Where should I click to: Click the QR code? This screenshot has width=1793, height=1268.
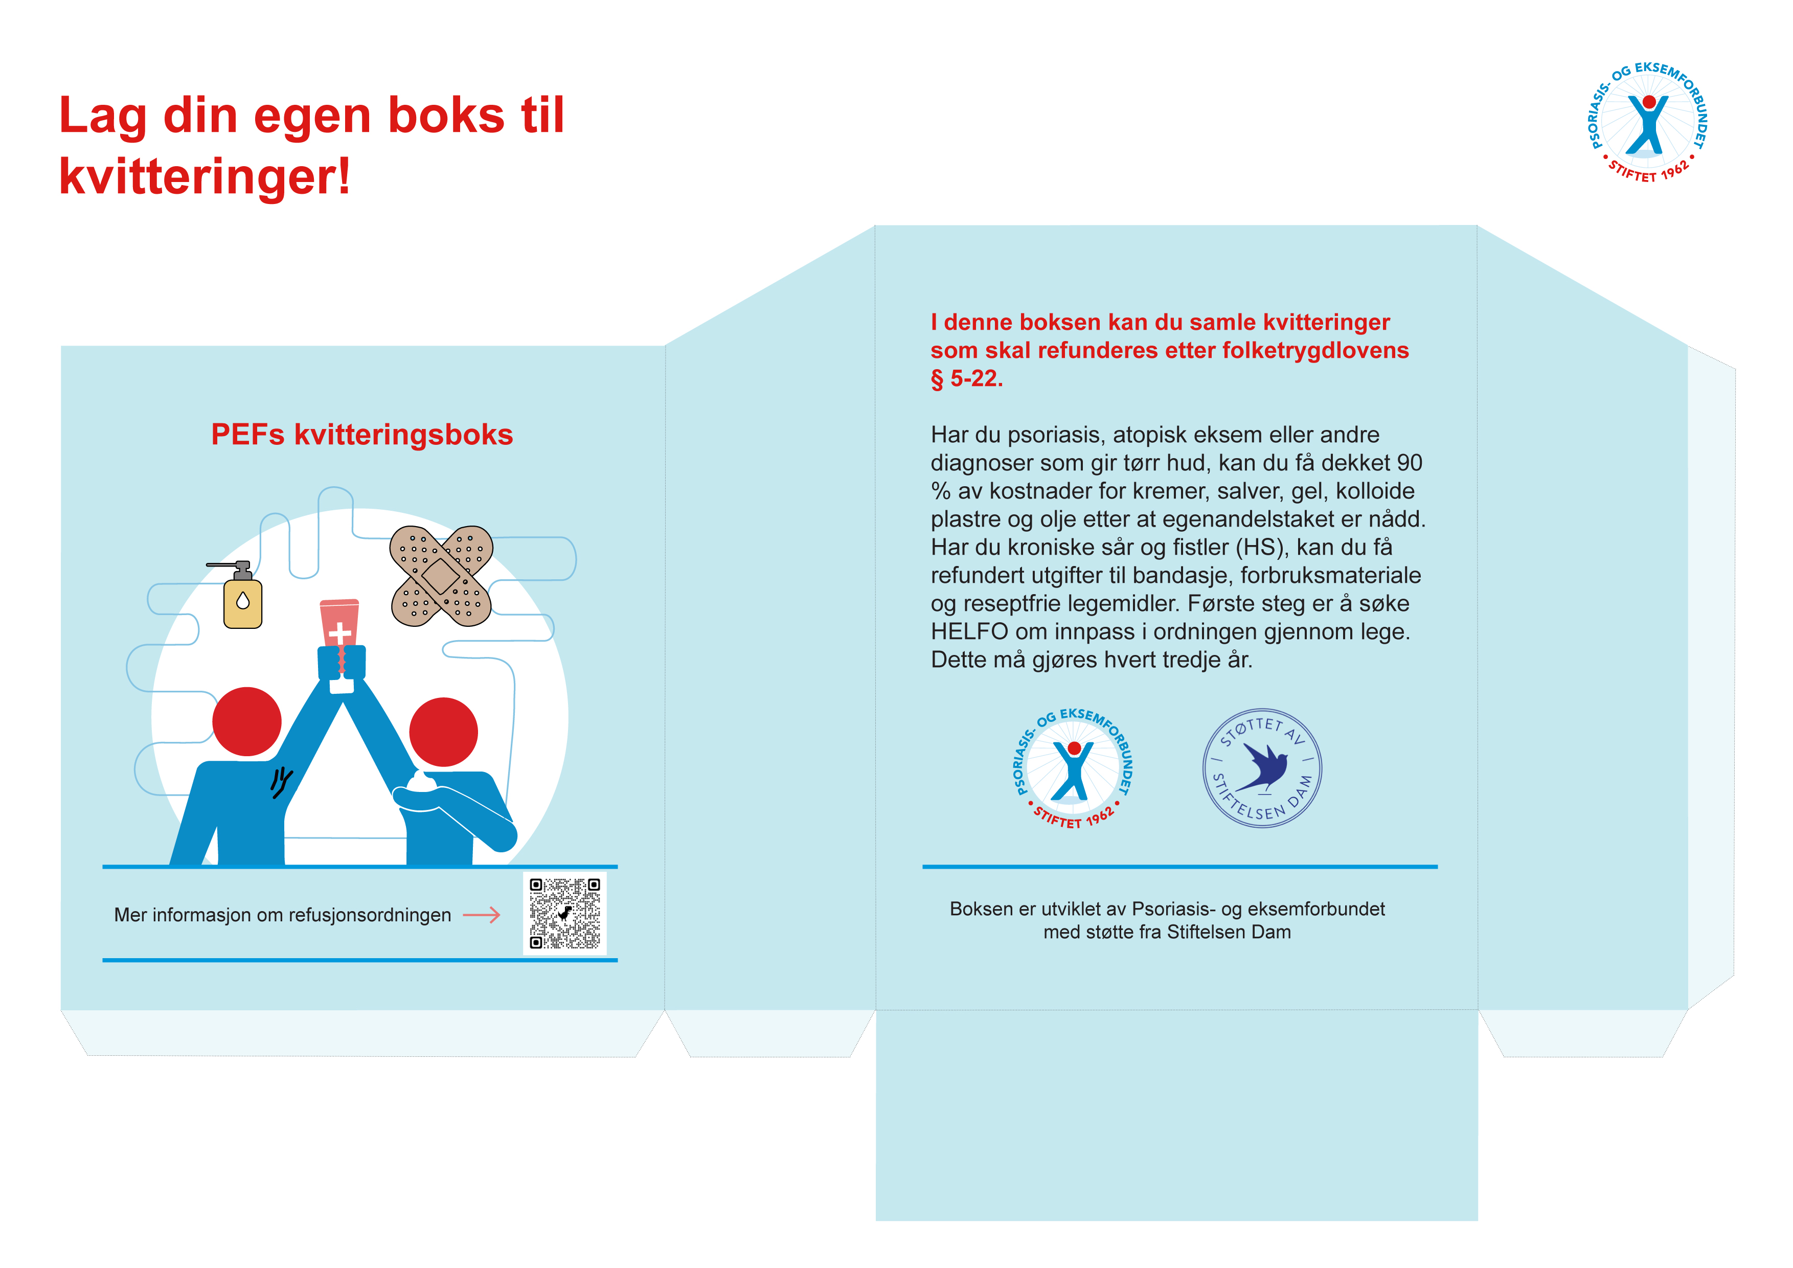(x=564, y=913)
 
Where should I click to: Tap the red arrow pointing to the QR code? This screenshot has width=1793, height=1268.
(x=481, y=915)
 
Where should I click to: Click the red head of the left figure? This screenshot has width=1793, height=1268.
(x=247, y=721)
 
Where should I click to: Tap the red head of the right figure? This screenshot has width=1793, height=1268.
(x=444, y=732)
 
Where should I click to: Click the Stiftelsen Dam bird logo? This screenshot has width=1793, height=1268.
(x=1262, y=768)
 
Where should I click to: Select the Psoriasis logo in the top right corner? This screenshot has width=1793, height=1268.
(x=1648, y=123)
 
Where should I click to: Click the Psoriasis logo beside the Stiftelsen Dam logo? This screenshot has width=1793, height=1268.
(x=1074, y=769)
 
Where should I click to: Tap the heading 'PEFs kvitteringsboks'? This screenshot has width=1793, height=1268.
(x=362, y=435)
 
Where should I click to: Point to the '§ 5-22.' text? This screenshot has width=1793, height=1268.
(x=967, y=379)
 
